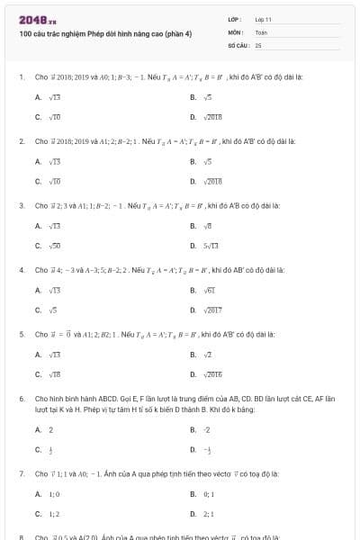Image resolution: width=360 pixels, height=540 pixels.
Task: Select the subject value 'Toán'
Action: [261, 31]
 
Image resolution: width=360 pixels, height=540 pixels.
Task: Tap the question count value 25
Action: [258, 44]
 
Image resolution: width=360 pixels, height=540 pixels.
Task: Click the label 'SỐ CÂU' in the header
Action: [238, 44]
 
